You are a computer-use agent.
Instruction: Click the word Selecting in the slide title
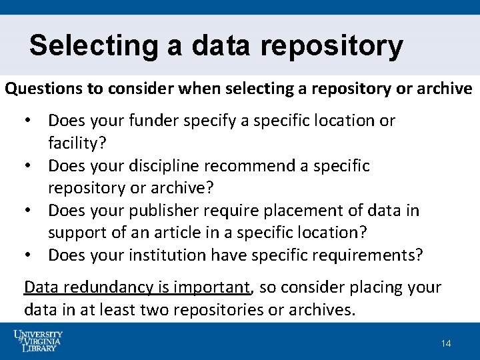[x=92, y=46]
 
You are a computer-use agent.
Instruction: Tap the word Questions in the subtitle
[x=42, y=89]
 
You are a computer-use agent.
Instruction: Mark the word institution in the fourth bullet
[x=167, y=255]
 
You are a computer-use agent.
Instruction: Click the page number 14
[x=446, y=343]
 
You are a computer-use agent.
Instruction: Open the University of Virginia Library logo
[x=38, y=341]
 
